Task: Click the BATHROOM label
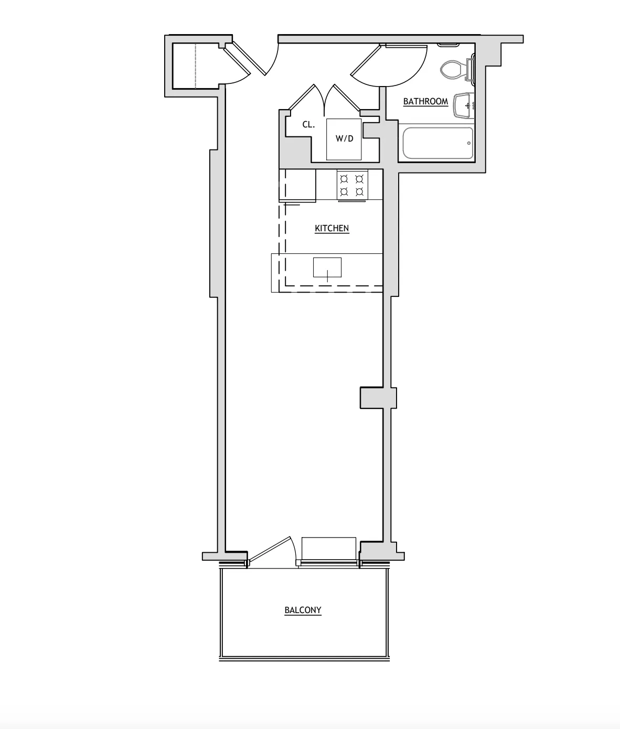[x=425, y=101]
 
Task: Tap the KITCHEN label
[x=332, y=228]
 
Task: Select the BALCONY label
[x=303, y=610]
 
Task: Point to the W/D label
[x=344, y=139]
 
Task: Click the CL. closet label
[x=308, y=125]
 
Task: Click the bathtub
[x=437, y=143]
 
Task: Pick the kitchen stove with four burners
[x=352, y=185]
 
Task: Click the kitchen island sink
[x=327, y=267]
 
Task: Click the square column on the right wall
[x=378, y=398]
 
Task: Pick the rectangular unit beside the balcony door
[x=329, y=549]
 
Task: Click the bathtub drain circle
[x=469, y=143]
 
